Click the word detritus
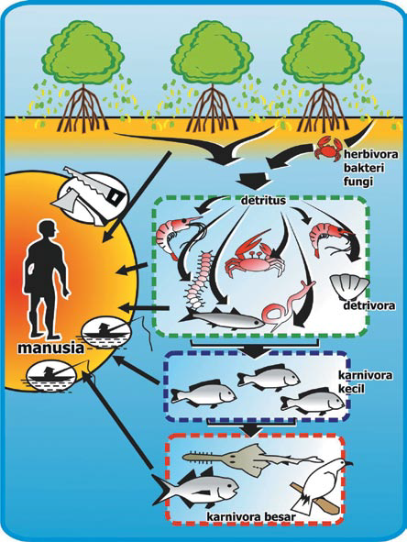(x=263, y=200)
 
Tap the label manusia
(x=50, y=348)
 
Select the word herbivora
(x=370, y=154)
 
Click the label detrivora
(x=369, y=305)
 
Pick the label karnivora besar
(x=251, y=516)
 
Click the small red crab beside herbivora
(x=328, y=149)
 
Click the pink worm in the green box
(x=289, y=307)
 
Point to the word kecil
(x=352, y=389)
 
